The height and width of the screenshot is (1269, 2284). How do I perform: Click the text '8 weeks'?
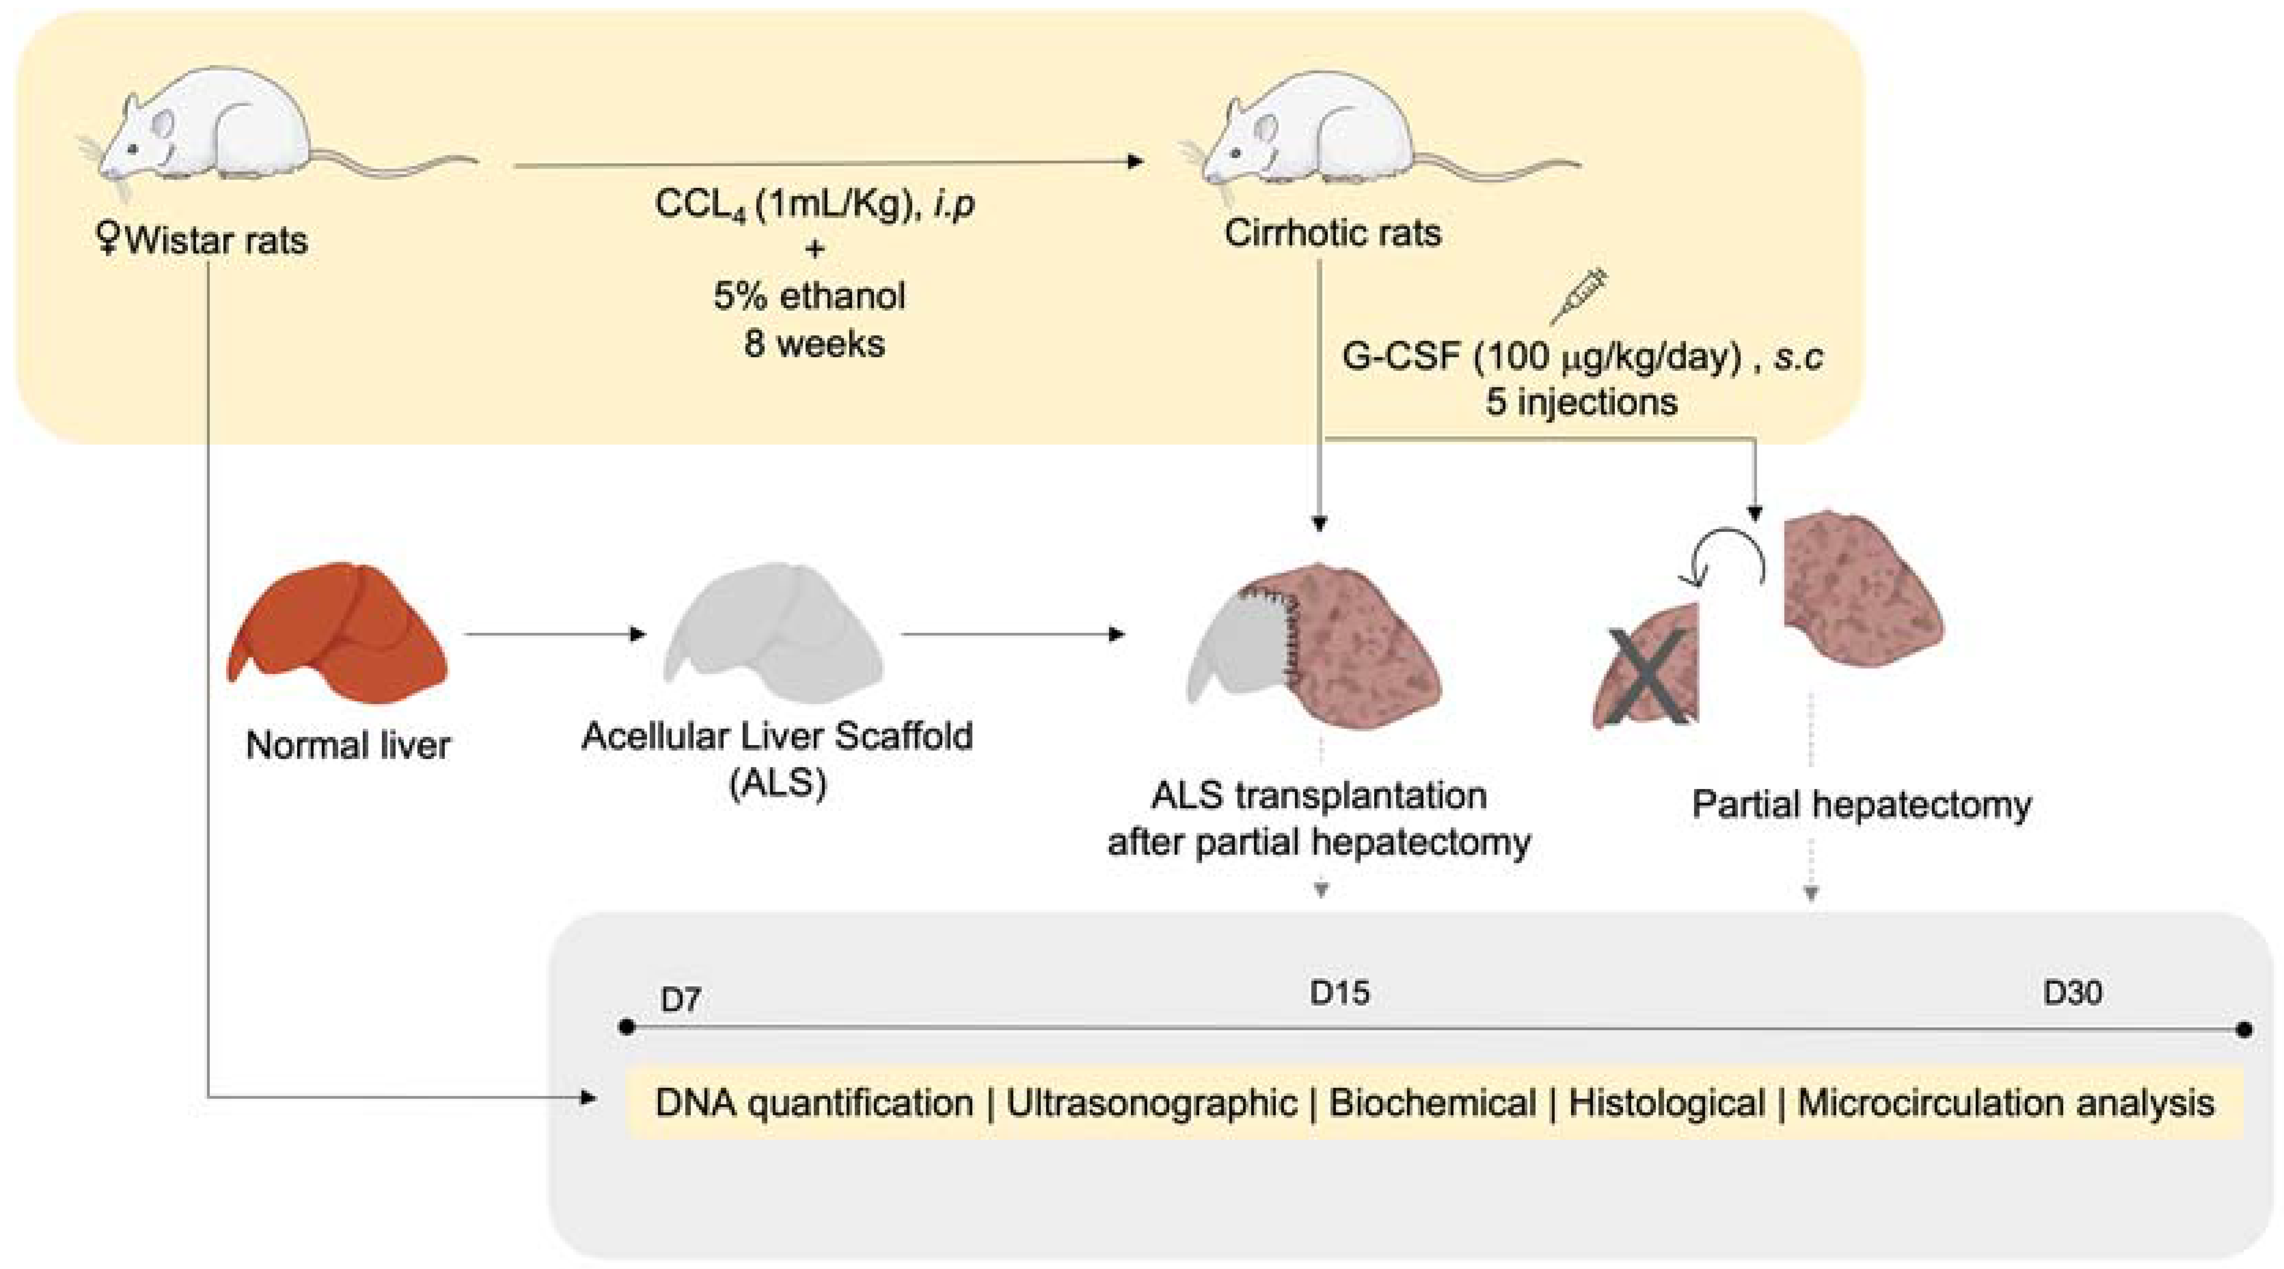[814, 343]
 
